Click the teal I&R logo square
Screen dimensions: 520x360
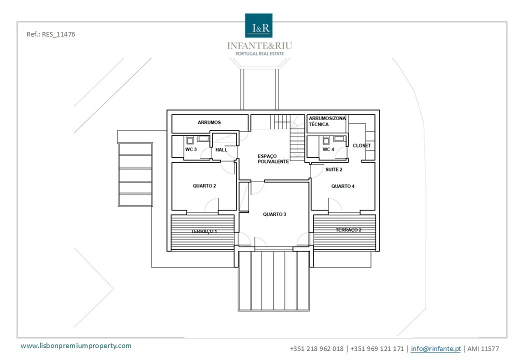(x=258, y=25)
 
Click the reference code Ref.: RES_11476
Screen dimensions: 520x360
(x=50, y=34)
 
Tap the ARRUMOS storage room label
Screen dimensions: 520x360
(x=209, y=122)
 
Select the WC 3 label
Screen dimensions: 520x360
(x=191, y=149)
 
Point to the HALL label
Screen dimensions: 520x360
(x=221, y=150)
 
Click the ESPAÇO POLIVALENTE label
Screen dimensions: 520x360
(x=273, y=159)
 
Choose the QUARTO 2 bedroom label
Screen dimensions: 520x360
(x=204, y=186)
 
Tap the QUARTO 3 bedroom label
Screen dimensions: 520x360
(x=274, y=214)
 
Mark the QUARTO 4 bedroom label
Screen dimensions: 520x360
(x=343, y=186)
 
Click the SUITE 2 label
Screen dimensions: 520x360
(x=333, y=169)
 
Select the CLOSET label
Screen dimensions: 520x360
(x=362, y=145)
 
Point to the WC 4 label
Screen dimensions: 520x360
(x=328, y=149)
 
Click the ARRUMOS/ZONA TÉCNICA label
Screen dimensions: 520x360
(x=327, y=121)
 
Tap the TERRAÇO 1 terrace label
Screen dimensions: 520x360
(x=204, y=231)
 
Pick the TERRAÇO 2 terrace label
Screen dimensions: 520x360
(x=348, y=229)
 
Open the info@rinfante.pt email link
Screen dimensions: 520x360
(x=436, y=348)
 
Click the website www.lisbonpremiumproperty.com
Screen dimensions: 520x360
(x=76, y=345)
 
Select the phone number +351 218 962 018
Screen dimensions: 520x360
(x=316, y=348)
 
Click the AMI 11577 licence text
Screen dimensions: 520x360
(x=483, y=348)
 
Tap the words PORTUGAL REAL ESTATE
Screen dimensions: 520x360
(x=259, y=53)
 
